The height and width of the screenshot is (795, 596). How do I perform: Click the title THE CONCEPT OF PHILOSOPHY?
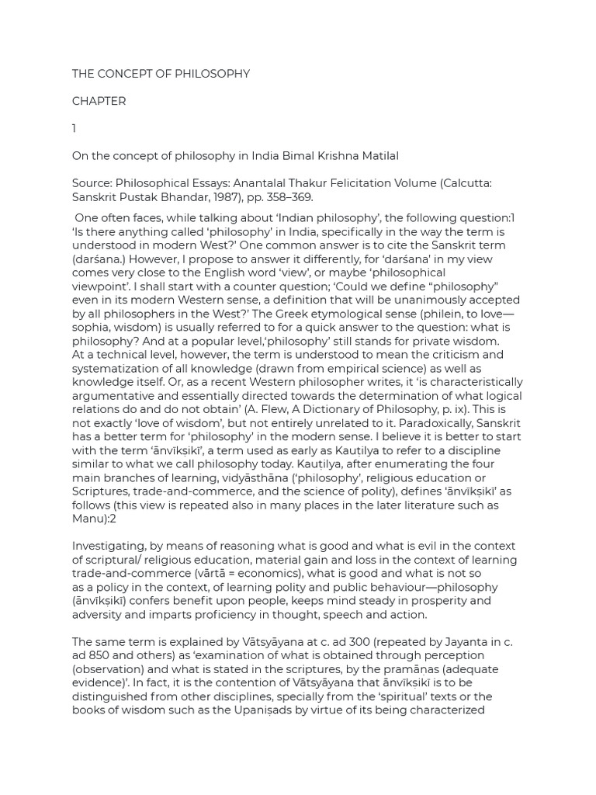tap(161, 74)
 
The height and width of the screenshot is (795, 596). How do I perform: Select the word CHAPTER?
tap(99, 101)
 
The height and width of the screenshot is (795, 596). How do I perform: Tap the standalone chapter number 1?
tap(74, 128)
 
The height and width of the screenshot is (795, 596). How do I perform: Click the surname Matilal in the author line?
tap(377, 156)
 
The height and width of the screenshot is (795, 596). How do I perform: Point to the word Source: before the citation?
tap(92, 184)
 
